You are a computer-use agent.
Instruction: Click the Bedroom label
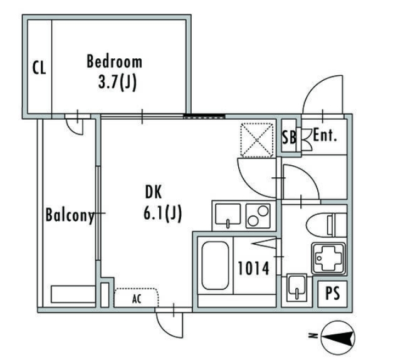pyautogui.click(x=114, y=61)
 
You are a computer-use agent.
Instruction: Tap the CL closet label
pyautogui.click(x=39, y=68)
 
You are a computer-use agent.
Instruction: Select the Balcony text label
pyautogui.click(x=70, y=215)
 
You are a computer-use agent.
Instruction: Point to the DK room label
pyautogui.click(x=154, y=192)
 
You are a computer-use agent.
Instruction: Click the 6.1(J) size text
pyautogui.click(x=162, y=213)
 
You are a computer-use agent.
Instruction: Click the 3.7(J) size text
pyautogui.click(x=117, y=83)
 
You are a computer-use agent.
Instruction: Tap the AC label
pyautogui.click(x=137, y=299)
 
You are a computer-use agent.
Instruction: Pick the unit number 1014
pyautogui.click(x=253, y=268)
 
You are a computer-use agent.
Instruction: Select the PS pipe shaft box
pyautogui.click(x=332, y=294)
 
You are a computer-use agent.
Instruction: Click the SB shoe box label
pyautogui.click(x=289, y=137)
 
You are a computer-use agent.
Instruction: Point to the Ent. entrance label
pyautogui.click(x=325, y=135)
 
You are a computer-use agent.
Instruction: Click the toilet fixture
pyautogui.click(x=327, y=225)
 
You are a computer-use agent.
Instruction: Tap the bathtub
pyautogui.click(x=215, y=265)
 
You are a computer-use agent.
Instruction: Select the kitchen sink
pyautogui.click(x=228, y=215)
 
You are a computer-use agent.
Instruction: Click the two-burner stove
pyautogui.click(x=258, y=215)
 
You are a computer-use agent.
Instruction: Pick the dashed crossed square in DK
pyautogui.click(x=257, y=140)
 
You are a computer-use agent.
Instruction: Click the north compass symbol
pyautogui.click(x=338, y=337)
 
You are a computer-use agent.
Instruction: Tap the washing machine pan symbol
pyautogui.click(x=328, y=258)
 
